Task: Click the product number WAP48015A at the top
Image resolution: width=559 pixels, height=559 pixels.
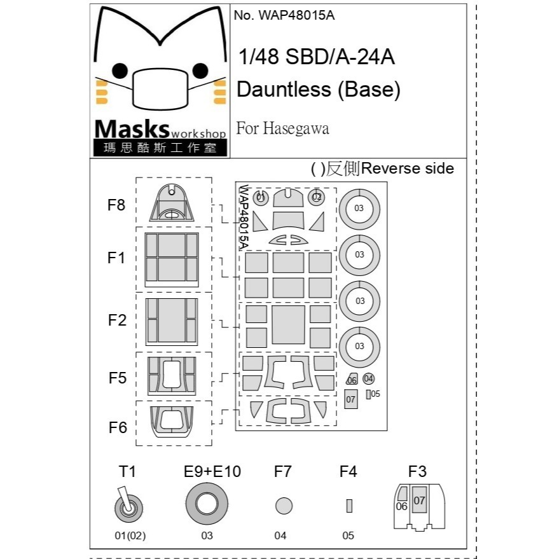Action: point(296,15)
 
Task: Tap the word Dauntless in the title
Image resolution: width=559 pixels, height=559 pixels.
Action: point(284,89)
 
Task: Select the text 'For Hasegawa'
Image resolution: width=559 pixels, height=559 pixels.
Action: point(282,128)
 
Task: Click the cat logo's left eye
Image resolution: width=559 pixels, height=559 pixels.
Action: point(120,71)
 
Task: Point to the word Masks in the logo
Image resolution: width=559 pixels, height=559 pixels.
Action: point(132,129)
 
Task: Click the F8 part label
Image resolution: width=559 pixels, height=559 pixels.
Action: point(116,205)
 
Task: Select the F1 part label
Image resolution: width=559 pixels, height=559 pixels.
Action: point(116,258)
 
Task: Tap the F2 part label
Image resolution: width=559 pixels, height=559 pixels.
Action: point(117,320)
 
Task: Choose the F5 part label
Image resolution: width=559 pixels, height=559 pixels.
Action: point(117,378)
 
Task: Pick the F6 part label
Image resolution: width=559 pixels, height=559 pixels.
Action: point(118,427)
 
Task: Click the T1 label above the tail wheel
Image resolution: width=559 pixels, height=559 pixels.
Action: point(127,472)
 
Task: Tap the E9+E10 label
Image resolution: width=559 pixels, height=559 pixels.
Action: point(212,472)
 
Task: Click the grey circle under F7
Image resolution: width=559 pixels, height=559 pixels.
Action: point(284,506)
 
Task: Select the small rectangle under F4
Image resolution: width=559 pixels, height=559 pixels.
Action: point(349,506)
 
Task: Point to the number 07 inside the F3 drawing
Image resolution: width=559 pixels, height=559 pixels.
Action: point(419,500)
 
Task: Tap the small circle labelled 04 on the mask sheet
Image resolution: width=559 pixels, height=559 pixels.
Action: point(368,378)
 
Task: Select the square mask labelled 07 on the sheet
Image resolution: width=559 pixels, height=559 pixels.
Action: point(351,399)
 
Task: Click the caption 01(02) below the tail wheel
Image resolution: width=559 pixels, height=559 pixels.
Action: point(130,535)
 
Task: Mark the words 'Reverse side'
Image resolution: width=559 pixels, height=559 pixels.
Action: point(408,169)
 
